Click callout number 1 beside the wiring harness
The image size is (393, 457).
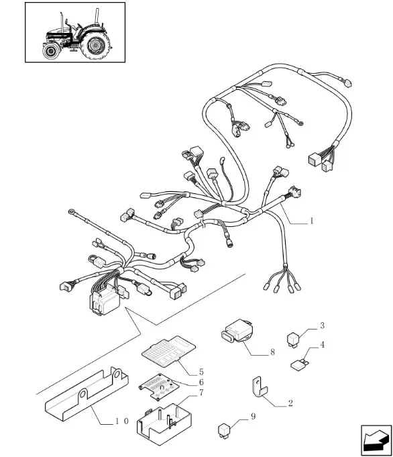click(x=311, y=221)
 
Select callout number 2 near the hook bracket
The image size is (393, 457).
click(x=290, y=403)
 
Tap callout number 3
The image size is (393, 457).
click(x=322, y=325)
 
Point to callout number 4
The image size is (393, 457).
click(x=322, y=345)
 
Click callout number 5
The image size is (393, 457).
click(x=201, y=372)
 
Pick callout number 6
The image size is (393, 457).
click(x=201, y=382)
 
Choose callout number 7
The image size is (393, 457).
click(x=201, y=393)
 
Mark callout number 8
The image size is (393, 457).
click(x=272, y=352)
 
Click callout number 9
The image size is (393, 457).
click(x=253, y=417)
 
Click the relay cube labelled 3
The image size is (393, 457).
click(x=292, y=340)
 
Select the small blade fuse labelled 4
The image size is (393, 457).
click(x=300, y=364)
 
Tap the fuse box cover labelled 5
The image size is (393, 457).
click(x=169, y=350)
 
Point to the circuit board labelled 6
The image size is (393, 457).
click(x=160, y=387)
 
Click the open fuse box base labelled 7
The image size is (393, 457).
click(x=164, y=424)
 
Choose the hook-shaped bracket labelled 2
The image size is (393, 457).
click(x=259, y=387)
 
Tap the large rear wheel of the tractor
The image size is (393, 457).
click(x=95, y=45)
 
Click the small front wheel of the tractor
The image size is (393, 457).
click(x=52, y=51)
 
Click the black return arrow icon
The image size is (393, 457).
click(x=376, y=440)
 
